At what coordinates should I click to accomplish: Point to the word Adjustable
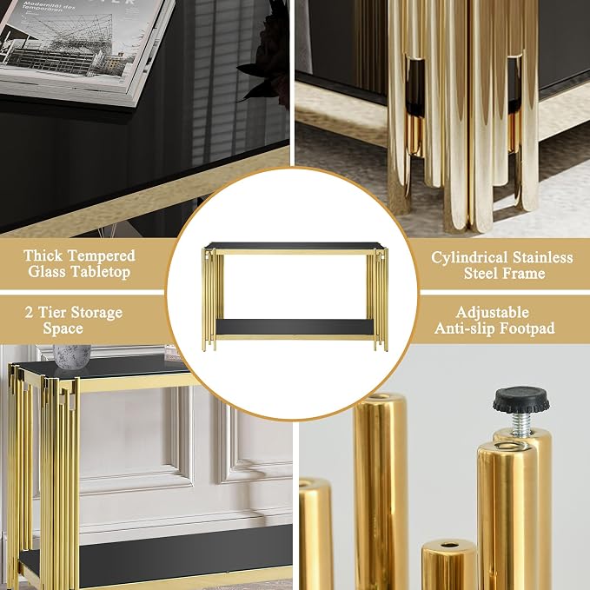(x=492, y=312)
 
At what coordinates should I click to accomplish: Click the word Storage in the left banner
(x=97, y=313)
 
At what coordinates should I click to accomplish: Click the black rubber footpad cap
(x=520, y=400)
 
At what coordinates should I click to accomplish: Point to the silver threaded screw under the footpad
(x=521, y=423)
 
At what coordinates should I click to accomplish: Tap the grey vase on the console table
(x=72, y=356)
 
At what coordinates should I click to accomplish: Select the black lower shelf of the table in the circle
(x=295, y=327)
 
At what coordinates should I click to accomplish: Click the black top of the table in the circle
(x=295, y=246)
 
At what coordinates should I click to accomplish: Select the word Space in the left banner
(x=63, y=328)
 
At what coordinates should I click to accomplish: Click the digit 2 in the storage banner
(x=29, y=313)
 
